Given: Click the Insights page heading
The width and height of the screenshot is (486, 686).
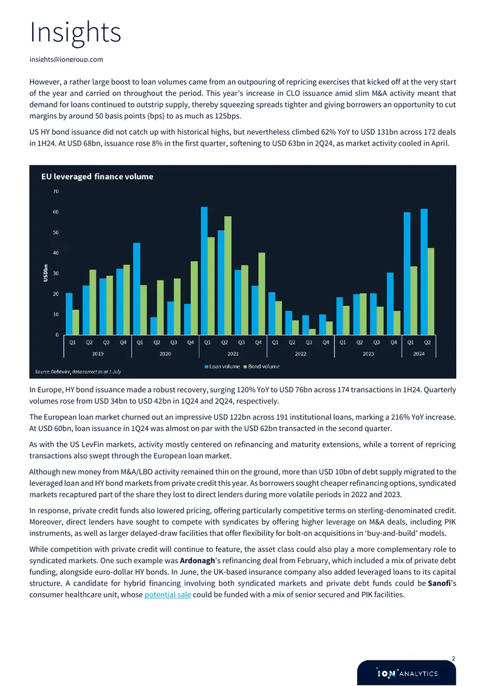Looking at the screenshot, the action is pyautogui.click(x=75, y=32).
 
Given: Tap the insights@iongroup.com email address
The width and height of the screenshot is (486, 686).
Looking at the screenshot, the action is pyautogui.click(x=66, y=59).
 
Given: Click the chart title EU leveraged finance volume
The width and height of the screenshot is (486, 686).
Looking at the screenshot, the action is pyautogui.click(x=97, y=176).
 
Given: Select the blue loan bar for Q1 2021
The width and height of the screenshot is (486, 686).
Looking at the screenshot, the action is pyautogui.click(x=204, y=271).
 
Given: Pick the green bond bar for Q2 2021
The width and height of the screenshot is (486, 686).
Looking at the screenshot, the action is pyautogui.click(x=228, y=276).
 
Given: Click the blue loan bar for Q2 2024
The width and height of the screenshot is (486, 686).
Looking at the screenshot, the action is pyautogui.click(x=424, y=272).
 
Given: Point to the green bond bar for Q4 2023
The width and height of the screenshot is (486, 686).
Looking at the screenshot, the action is pyautogui.click(x=397, y=323).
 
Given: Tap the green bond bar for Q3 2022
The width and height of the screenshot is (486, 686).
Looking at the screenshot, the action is pyautogui.click(x=312, y=332).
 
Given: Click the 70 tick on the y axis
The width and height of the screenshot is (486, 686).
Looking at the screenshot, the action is pyautogui.click(x=56, y=192).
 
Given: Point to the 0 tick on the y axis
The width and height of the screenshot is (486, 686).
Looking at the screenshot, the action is pyautogui.click(x=57, y=335).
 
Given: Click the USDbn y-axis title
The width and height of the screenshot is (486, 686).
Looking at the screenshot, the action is pyautogui.click(x=46, y=273).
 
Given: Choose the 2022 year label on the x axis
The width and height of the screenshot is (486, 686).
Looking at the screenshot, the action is pyautogui.click(x=300, y=353).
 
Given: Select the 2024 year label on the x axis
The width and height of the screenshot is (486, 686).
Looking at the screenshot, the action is pyautogui.click(x=419, y=353).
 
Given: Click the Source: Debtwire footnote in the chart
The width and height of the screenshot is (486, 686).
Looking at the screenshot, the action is pyautogui.click(x=78, y=372).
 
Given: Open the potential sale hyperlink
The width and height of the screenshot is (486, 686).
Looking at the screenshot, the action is pyautogui.click(x=168, y=594).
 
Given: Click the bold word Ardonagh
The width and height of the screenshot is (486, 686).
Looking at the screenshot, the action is pyautogui.click(x=197, y=560).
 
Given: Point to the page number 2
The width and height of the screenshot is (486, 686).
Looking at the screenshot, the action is pyautogui.click(x=453, y=659).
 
